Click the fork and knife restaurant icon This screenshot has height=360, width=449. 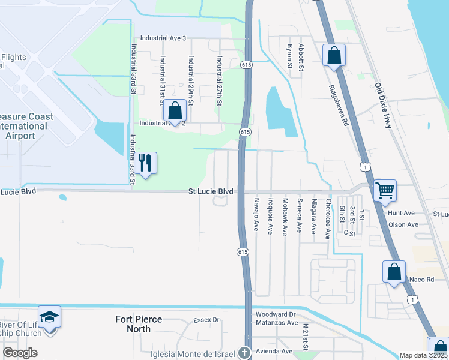click(x=145, y=162)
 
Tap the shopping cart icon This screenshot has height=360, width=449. click(x=384, y=191)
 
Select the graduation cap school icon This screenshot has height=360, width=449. click(x=49, y=316)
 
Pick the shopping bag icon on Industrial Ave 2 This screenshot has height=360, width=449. click(x=175, y=110)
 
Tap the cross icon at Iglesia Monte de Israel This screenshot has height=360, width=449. click(x=244, y=353)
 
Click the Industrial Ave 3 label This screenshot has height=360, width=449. click(x=163, y=38)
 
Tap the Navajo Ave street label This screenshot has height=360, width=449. click(x=256, y=214)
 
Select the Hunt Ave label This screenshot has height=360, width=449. click(x=401, y=213)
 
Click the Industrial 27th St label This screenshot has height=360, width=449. click(x=220, y=81)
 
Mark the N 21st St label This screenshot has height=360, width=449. click(x=306, y=337)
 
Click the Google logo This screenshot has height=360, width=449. click(x=19, y=353)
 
